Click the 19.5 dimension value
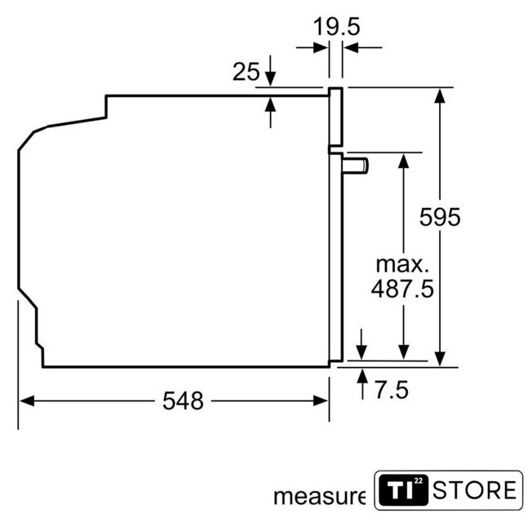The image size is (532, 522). click(336, 26)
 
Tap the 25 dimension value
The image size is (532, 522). click(246, 72)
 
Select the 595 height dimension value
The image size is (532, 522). click(440, 217)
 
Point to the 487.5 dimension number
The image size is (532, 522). click(403, 289)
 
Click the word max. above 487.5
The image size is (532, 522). click(402, 264)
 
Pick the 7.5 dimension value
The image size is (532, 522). click(392, 390)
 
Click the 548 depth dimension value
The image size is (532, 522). click(183, 400)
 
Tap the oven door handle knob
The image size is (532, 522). click(355, 166)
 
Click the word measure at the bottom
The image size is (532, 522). click(319, 497)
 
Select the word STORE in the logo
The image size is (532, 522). click(475, 489)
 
